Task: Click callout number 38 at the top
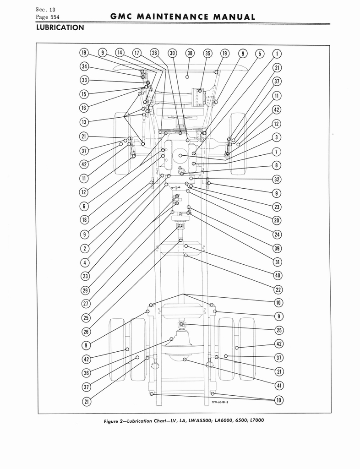[190, 53]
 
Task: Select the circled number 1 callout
[277, 53]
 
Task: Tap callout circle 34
[84, 66]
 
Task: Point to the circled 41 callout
[277, 386]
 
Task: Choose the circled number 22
[277, 289]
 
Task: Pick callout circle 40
[277, 275]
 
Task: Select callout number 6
[84, 206]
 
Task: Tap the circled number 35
[207, 53]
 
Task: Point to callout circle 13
[84, 122]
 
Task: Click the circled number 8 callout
[277, 165]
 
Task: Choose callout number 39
[277, 248]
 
